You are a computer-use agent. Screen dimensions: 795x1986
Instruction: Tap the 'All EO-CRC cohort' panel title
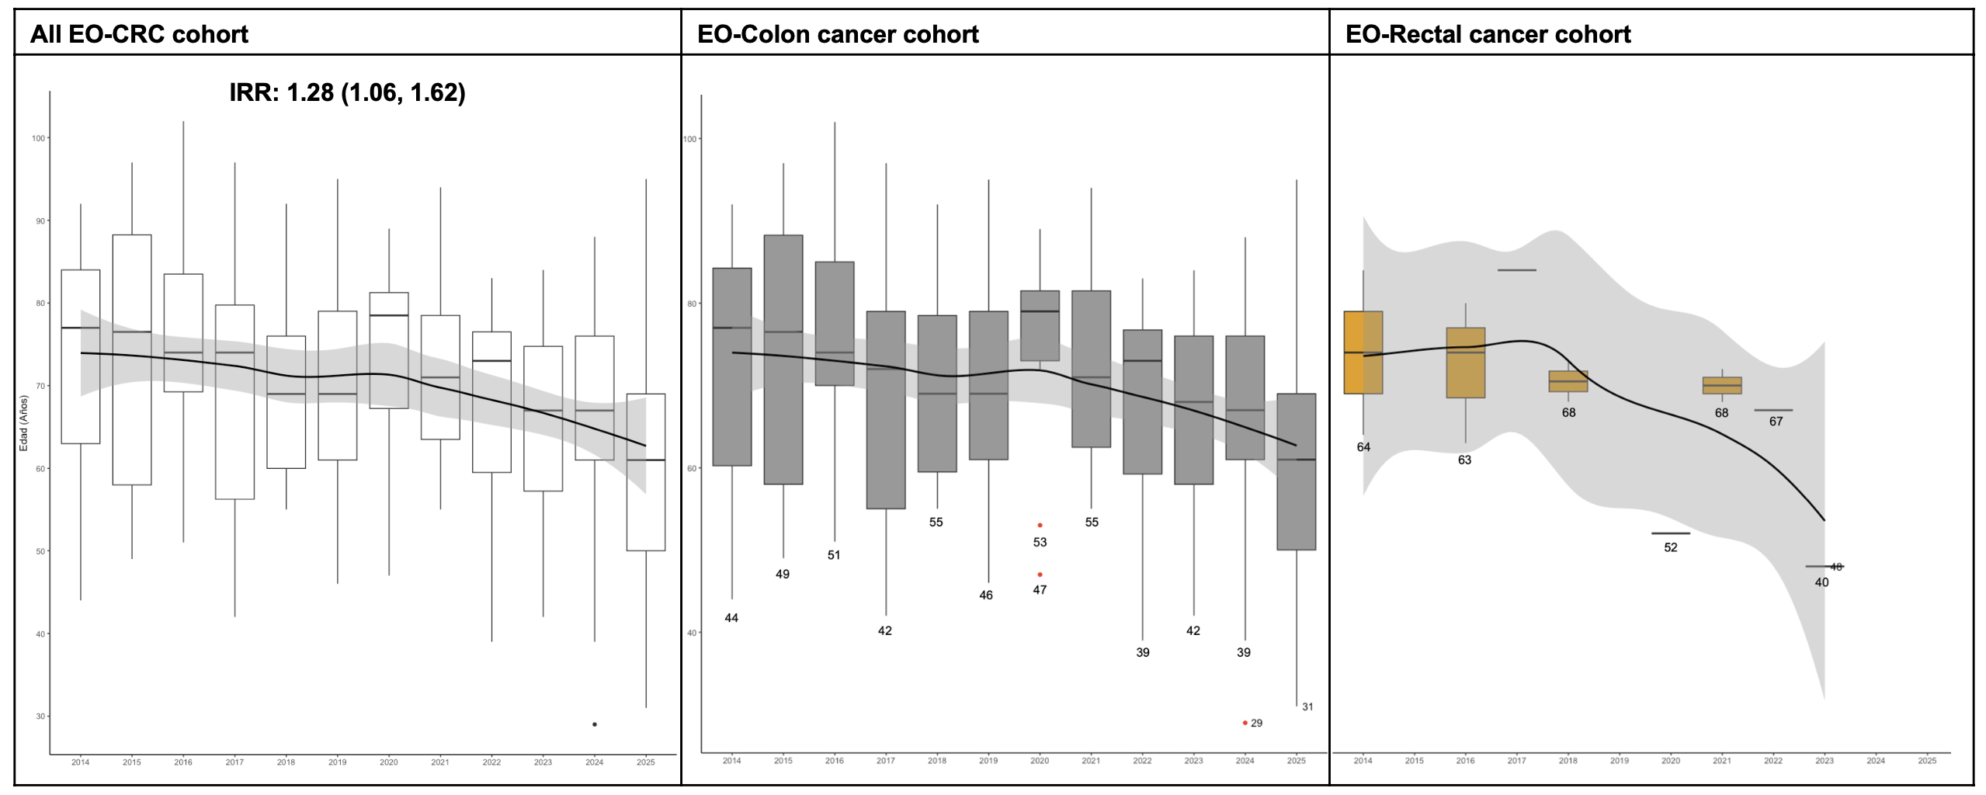pos(139,34)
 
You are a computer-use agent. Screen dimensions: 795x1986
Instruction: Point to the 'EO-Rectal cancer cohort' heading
pos(1488,34)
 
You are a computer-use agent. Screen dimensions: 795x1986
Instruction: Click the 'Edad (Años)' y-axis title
pos(23,423)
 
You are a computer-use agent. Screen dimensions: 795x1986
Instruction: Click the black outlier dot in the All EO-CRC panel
pos(595,724)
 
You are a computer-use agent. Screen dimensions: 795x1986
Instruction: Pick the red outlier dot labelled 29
pos(1245,723)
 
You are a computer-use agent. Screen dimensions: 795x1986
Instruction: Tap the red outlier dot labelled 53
pos(1040,526)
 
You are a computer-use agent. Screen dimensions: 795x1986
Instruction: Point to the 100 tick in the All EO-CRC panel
pos(39,138)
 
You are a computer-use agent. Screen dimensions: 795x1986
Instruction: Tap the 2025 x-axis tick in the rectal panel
pos(1927,761)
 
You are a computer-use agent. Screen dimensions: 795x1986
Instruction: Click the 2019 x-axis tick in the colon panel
pos(988,761)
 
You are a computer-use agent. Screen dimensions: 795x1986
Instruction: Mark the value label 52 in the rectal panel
pos(1670,547)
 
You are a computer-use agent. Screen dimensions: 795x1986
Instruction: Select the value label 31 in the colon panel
pos(1307,706)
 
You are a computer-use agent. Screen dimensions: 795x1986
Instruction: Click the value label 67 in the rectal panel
pos(1776,422)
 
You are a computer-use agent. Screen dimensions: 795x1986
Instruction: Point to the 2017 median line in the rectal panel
pos(1516,270)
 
